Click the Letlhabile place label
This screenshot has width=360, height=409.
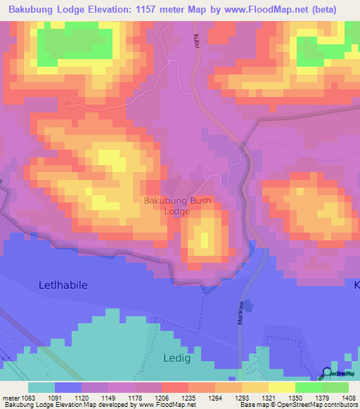click(63, 285)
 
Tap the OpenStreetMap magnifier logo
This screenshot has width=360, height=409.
click(327, 373)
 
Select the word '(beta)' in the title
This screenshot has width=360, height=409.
click(329, 9)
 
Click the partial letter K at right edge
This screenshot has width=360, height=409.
click(356, 285)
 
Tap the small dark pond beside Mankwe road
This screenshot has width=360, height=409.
click(252, 307)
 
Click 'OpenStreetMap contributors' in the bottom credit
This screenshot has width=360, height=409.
click(324, 405)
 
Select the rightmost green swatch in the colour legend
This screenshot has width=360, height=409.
click(335, 387)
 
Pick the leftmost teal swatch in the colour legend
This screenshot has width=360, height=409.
click(41, 387)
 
